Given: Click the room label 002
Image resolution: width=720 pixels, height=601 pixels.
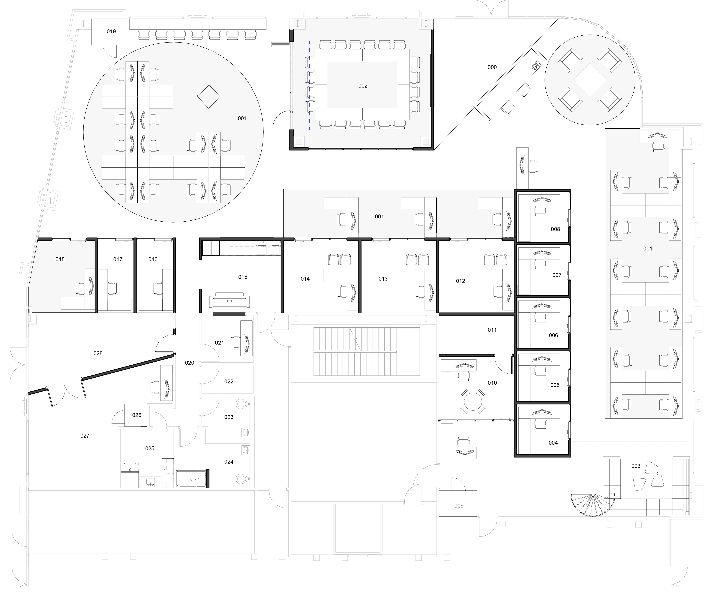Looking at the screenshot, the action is click(x=363, y=86).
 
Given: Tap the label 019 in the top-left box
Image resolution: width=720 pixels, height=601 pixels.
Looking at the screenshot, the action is click(x=111, y=31).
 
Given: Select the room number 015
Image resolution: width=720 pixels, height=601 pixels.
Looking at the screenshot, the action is click(x=243, y=277).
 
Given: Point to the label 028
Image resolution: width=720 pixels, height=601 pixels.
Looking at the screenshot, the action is click(x=98, y=354).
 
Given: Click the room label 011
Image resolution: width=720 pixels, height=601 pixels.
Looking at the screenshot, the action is click(x=492, y=330).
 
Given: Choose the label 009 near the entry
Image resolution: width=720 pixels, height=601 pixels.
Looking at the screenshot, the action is click(x=459, y=506).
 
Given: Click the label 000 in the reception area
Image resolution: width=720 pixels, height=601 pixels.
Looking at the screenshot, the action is click(x=492, y=67).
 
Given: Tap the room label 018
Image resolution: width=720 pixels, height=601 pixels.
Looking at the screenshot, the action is click(x=60, y=259).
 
